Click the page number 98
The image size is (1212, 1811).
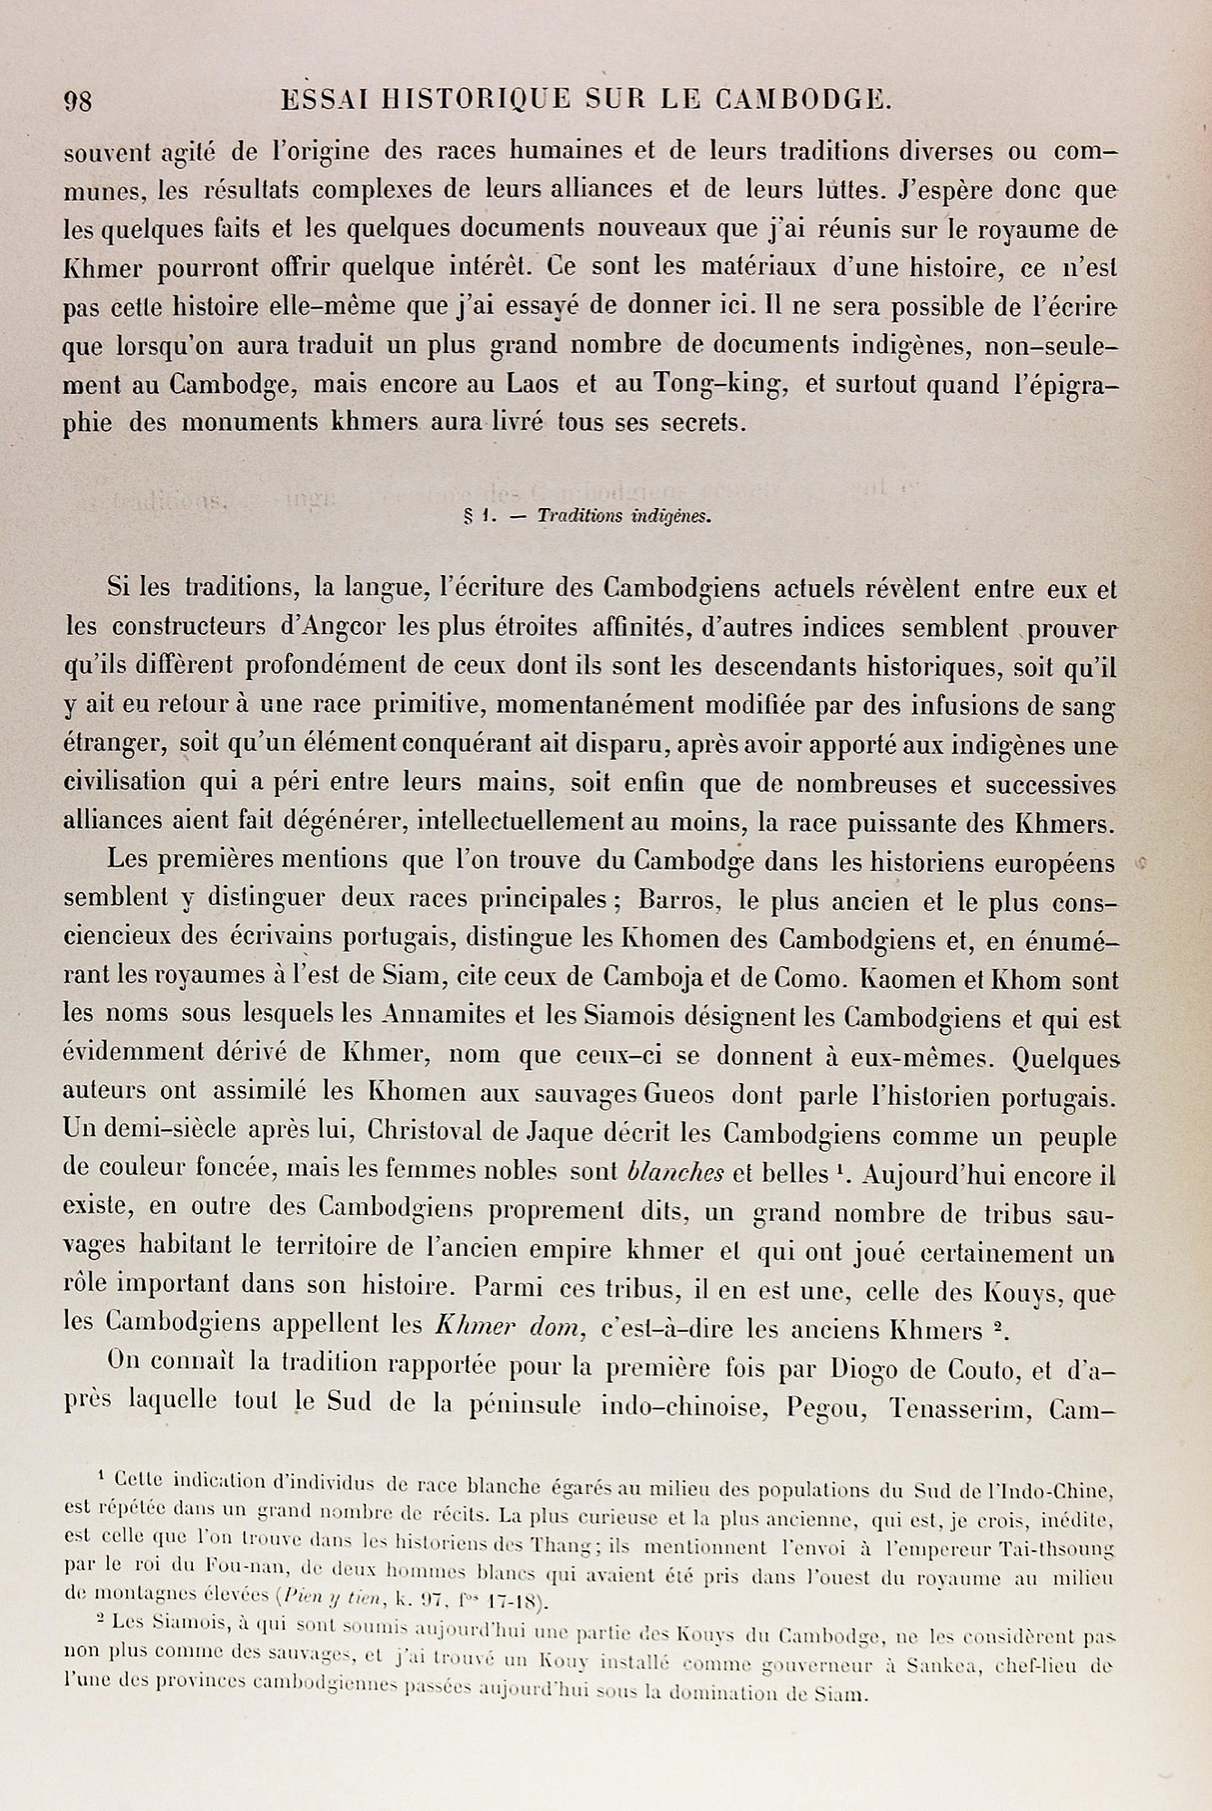[78, 101]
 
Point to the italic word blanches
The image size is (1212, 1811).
[675, 1174]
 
